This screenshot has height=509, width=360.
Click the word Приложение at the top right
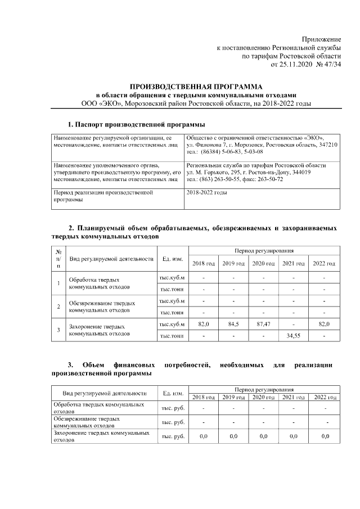(x=322, y=39)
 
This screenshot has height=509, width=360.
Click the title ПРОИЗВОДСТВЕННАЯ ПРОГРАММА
(x=196, y=87)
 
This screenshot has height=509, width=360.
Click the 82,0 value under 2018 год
(x=204, y=325)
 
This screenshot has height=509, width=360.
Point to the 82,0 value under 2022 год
(x=324, y=325)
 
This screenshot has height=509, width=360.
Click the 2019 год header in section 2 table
(x=233, y=263)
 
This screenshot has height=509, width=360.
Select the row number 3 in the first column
(x=58, y=330)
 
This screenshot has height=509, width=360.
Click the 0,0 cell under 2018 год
(x=204, y=436)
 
